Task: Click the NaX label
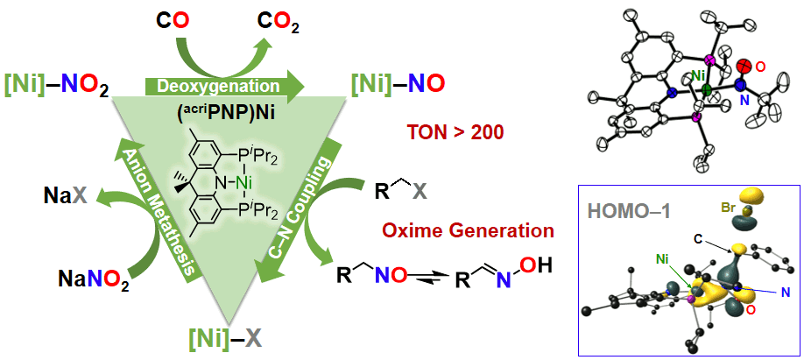coord(63,195)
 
